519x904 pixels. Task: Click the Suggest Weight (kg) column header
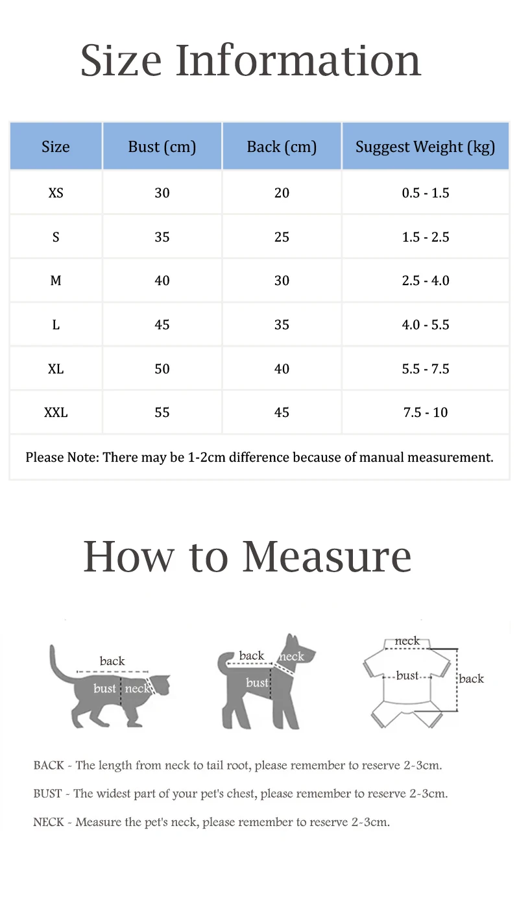[x=425, y=147]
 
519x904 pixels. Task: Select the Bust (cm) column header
[x=162, y=147]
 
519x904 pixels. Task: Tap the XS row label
[x=56, y=193]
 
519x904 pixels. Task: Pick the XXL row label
[x=56, y=412]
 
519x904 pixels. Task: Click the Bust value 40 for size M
[x=162, y=281]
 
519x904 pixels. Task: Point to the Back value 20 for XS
[x=282, y=193]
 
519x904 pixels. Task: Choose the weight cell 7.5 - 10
[x=425, y=412]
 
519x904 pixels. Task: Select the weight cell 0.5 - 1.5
[x=425, y=193]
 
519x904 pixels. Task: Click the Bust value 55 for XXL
[x=162, y=412]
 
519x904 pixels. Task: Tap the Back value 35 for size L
[x=282, y=325]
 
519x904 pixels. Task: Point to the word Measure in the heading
[x=327, y=557]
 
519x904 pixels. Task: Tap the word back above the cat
[x=112, y=661]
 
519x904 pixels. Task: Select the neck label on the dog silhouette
[x=291, y=657]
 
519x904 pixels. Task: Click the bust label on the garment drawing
[x=407, y=675]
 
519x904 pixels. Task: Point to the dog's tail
[x=222, y=662]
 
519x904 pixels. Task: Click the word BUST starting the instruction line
[x=47, y=794]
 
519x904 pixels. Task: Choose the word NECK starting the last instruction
[x=49, y=822]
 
